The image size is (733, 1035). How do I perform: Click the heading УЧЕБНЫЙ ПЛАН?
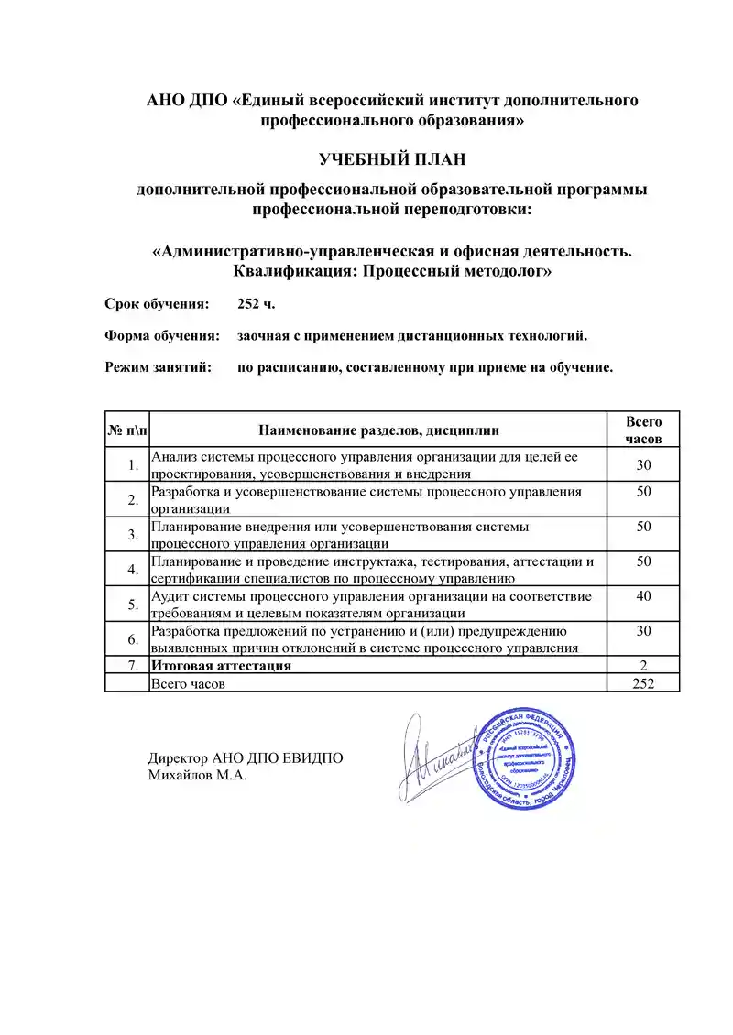point(392,160)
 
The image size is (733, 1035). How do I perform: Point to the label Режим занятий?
point(159,368)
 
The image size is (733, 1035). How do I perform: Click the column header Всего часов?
point(643,430)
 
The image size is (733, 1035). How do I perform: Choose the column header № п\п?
point(126,430)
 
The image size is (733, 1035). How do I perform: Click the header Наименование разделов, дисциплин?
point(379,430)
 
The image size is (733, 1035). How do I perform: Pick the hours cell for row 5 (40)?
point(643,596)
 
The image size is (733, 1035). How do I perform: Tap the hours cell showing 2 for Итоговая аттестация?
point(643,666)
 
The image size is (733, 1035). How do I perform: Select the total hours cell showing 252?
point(643,683)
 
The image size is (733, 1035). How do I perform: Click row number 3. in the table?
point(133,535)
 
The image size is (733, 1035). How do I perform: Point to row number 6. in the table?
point(133,639)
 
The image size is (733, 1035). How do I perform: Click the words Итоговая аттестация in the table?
point(221,666)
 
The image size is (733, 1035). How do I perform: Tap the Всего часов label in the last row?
point(188,683)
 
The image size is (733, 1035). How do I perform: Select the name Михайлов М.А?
point(198,776)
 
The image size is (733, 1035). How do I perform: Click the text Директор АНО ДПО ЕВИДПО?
point(246,758)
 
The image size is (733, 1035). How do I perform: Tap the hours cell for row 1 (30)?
point(643,465)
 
